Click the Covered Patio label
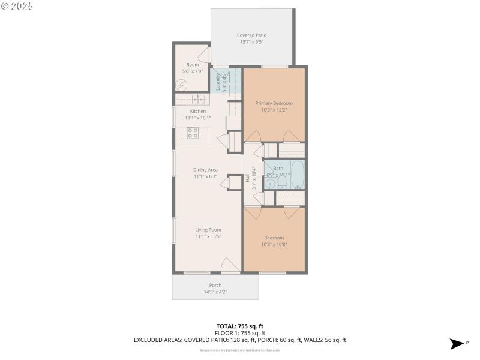pos(251,35)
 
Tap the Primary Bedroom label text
pos(274,103)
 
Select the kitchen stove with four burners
pos(193,133)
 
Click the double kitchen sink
pos(198,99)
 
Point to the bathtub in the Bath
pos(296,175)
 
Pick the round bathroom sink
pos(270,184)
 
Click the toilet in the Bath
pos(282,183)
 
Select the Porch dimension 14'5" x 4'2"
pos(215,292)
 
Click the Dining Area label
pos(205,170)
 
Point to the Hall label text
pos(247,178)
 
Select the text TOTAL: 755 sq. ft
pos(240,326)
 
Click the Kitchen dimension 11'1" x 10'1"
pos(198,118)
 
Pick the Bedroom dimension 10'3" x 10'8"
pos(274,245)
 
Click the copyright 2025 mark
pos(17,5)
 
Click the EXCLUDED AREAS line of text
pos(240,340)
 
